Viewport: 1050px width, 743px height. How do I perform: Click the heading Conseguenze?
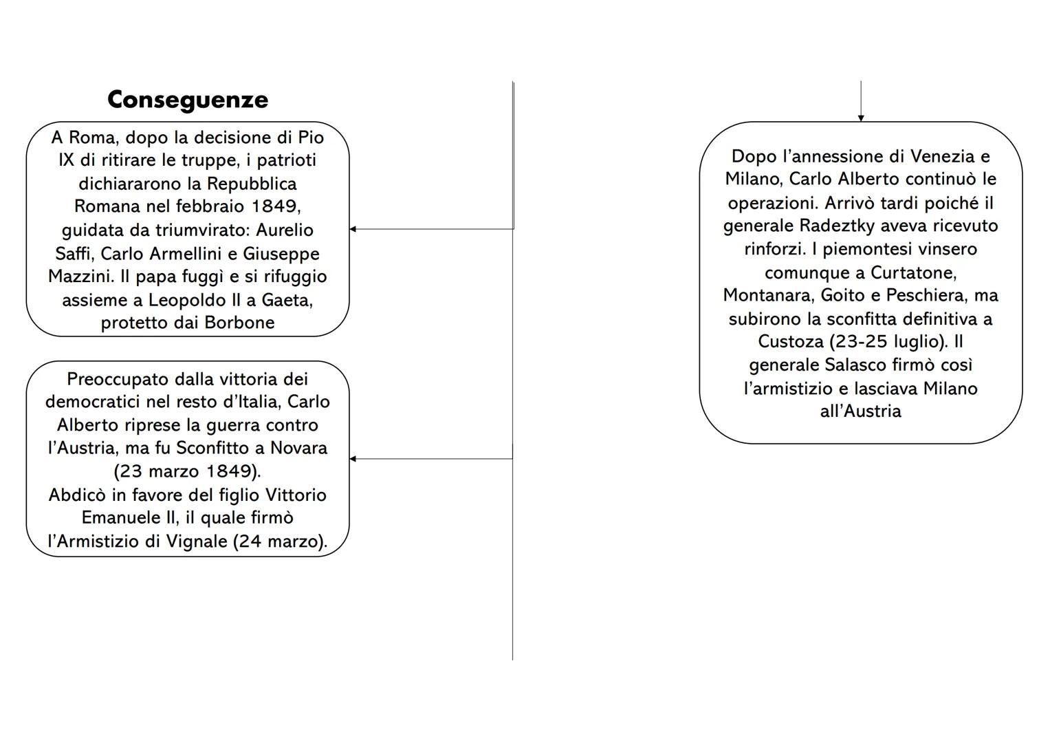pyautogui.click(x=188, y=100)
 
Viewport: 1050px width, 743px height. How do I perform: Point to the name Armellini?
pyautogui.click(x=186, y=253)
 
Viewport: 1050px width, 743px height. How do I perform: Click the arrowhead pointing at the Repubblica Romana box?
pyautogui.click(x=353, y=229)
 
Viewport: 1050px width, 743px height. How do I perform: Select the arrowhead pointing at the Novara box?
pyautogui.click(x=353, y=459)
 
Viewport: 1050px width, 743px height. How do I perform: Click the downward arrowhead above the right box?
pyautogui.click(x=861, y=118)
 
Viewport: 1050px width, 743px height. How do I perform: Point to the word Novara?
pyautogui.click(x=298, y=448)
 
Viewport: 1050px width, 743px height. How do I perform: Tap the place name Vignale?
pyautogui.click(x=195, y=541)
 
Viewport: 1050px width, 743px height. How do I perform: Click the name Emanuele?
pyautogui.click(x=113, y=518)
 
